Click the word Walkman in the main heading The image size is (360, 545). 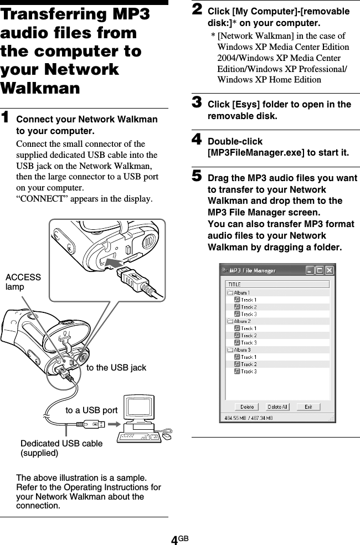point(40,88)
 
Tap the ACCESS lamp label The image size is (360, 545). point(23,282)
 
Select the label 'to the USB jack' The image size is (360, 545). point(116,367)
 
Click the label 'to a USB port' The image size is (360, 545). point(91,410)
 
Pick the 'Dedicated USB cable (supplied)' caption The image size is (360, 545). point(61,448)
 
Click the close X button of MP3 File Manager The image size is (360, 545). point(330,271)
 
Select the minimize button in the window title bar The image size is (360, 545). point(310,271)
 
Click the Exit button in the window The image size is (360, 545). point(308,407)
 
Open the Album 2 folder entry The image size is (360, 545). point(241,321)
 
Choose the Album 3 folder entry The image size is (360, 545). point(241,350)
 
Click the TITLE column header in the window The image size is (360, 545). point(235,284)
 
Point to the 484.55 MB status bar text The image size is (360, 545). point(249,417)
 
